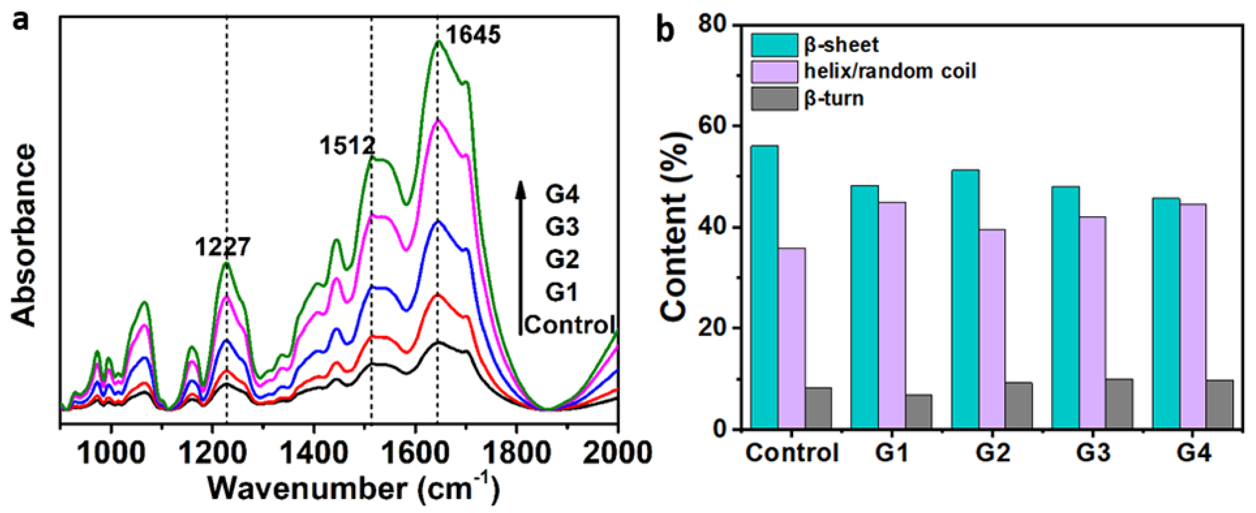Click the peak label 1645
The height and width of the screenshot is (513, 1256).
(x=473, y=35)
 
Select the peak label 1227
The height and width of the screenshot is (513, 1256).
(x=223, y=247)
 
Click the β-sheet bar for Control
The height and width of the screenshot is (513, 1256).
(x=764, y=287)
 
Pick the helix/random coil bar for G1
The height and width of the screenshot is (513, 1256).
(x=892, y=316)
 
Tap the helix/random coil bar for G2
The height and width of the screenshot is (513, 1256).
(x=992, y=329)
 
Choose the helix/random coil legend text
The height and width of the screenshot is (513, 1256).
(x=890, y=72)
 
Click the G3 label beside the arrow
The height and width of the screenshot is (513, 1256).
(x=562, y=227)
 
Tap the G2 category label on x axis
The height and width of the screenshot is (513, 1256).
(x=993, y=453)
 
